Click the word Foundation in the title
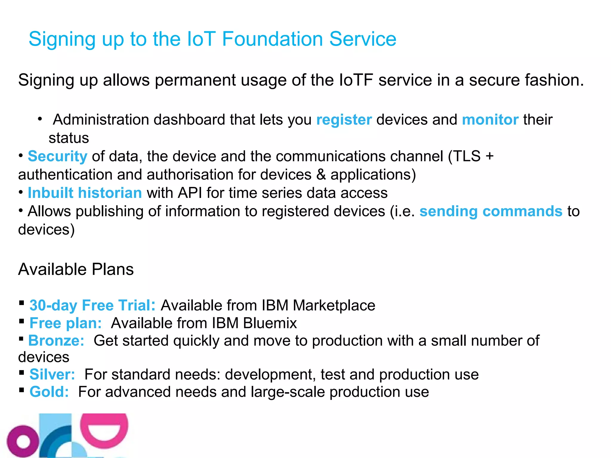click(272, 39)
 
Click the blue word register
click(344, 120)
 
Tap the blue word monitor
click(490, 120)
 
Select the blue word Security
click(58, 157)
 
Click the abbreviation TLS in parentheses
click(467, 157)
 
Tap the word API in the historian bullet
click(190, 193)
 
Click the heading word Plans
click(112, 269)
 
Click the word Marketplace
click(334, 305)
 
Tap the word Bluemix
click(270, 323)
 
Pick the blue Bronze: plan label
click(56, 341)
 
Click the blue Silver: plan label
click(52, 375)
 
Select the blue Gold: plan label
click(49, 392)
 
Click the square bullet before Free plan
click(21, 321)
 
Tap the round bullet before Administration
click(40, 119)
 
